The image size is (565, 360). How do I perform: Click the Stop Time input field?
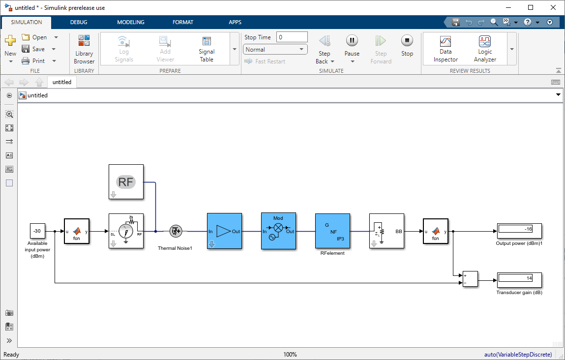click(292, 37)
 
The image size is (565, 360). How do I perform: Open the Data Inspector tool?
click(446, 49)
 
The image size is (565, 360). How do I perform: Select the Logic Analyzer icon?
click(485, 41)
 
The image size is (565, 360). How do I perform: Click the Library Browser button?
click(84, 49)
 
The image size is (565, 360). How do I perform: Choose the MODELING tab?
click(131, 22)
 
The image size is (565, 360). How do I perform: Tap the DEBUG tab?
click(79, 22)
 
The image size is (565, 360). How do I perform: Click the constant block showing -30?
click(37, 231)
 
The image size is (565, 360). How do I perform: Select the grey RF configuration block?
click(126, 181)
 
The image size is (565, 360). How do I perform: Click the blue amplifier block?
click(224, 231)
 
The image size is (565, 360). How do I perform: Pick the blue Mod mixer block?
click(278, 231)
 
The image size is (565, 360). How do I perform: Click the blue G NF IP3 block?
click(332, 231)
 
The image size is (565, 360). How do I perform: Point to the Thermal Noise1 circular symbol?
click(176, 231)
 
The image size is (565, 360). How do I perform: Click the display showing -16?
click(520, 231)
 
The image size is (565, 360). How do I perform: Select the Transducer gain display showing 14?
click(520, 280)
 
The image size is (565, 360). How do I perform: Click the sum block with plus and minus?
click(470, 279)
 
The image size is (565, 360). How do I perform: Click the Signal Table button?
click(207, 49)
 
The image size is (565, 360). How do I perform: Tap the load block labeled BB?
click(387, 231)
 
